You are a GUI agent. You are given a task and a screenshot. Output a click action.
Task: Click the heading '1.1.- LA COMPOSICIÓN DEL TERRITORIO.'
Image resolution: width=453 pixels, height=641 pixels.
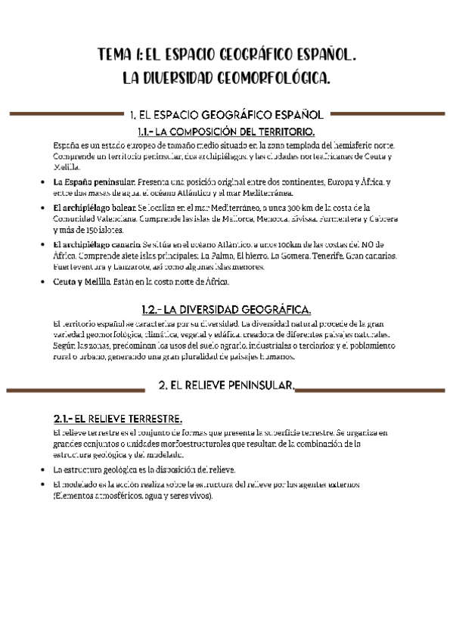[x=226, y=132]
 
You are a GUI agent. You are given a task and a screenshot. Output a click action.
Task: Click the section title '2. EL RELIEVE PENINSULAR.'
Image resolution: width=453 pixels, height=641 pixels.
[x=227, y=386]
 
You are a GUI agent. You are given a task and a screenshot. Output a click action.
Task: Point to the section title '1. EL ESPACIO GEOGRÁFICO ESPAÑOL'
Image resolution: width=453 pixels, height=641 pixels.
[x=227, y=115]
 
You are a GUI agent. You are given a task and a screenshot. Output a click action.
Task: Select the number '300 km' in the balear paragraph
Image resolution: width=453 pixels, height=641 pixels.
[x=343, y=207]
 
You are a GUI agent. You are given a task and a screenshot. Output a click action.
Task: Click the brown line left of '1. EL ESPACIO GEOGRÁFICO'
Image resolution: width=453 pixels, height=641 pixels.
[x=64, y=115]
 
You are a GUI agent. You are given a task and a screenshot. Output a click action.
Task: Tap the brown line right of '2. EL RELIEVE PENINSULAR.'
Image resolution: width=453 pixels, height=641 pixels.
[x=372, y=389]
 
